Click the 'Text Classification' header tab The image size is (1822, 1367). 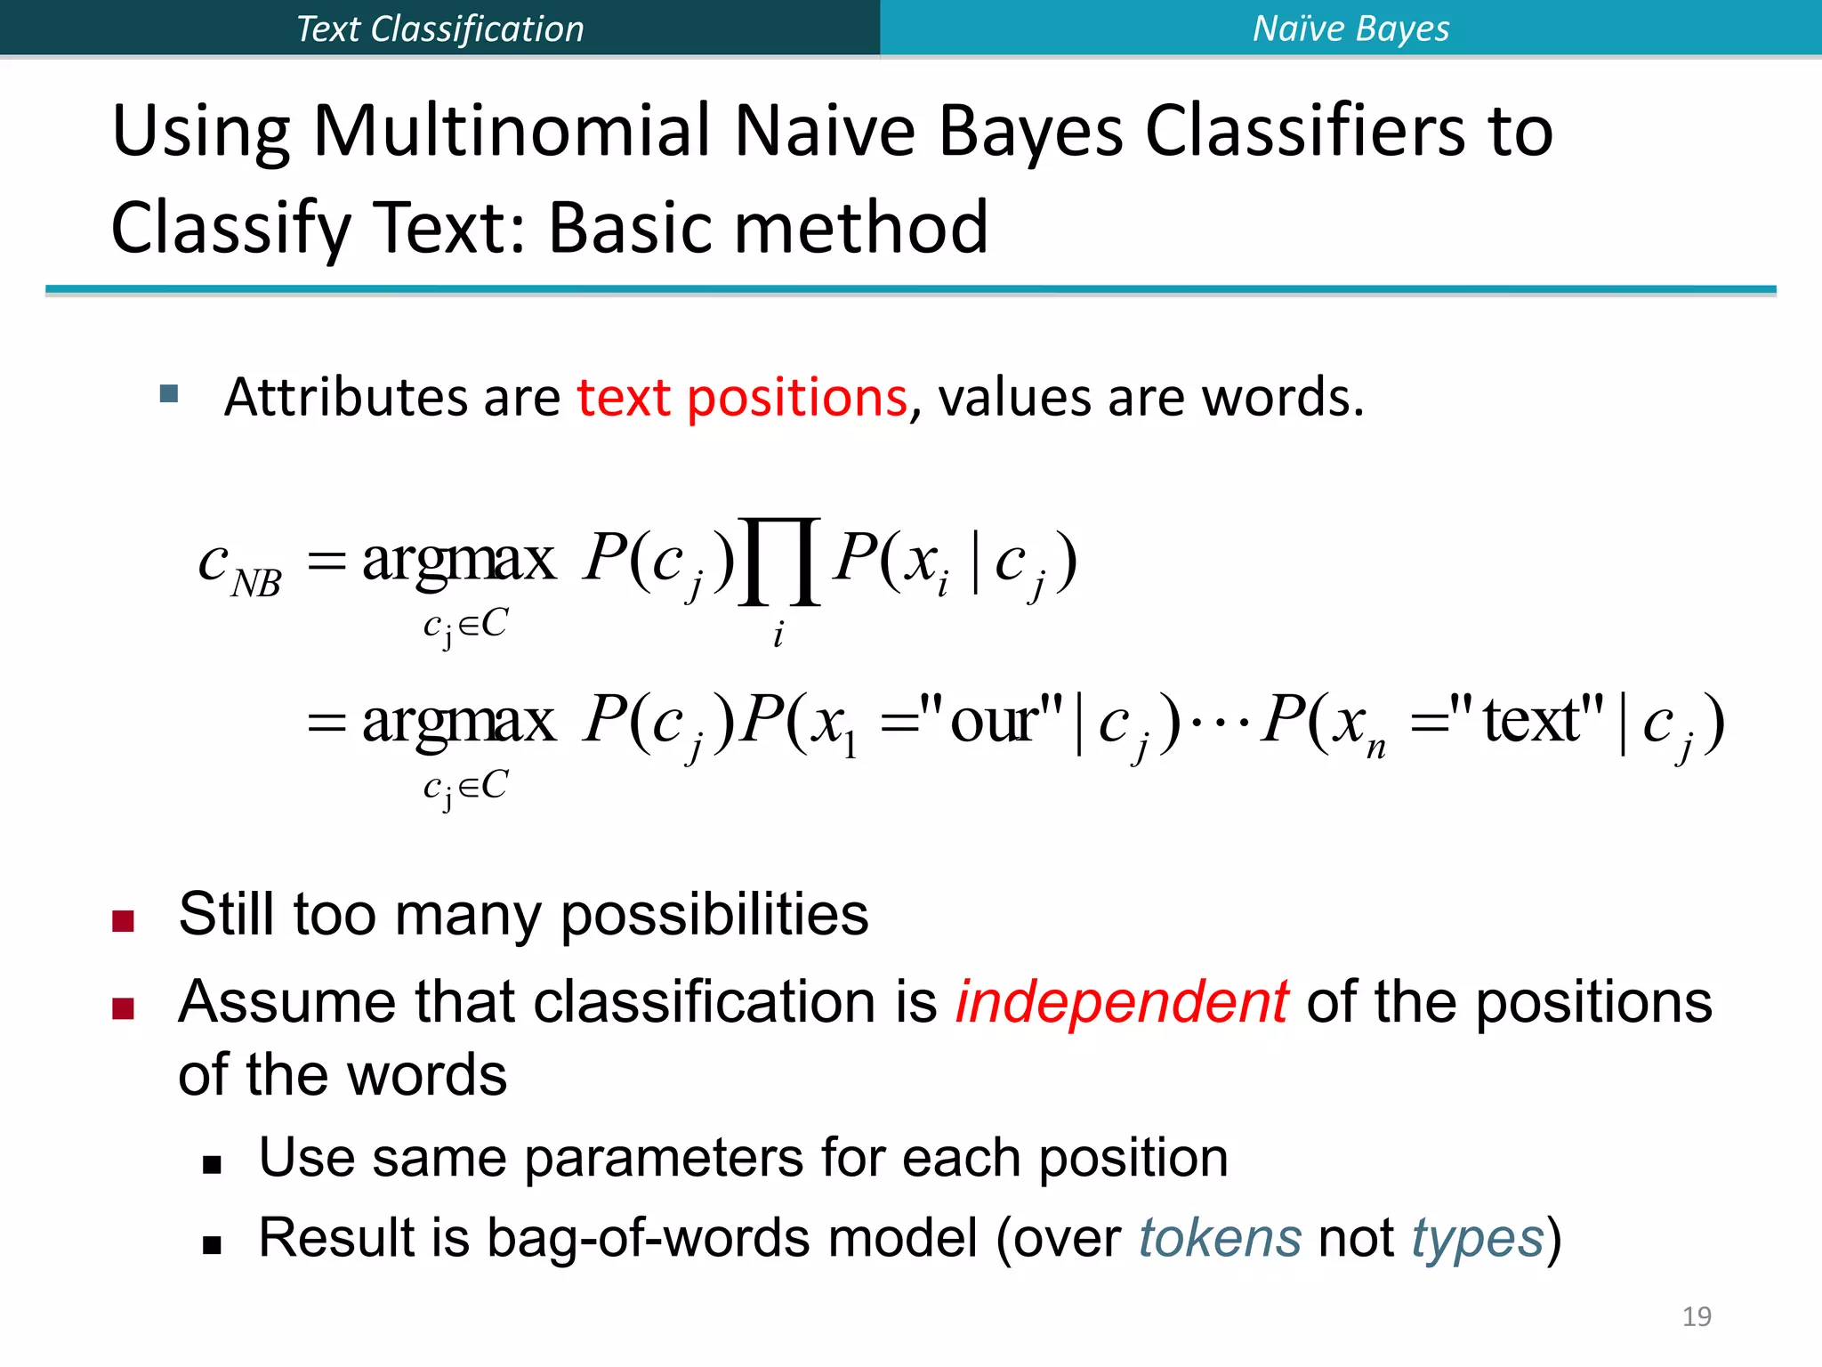(x=439, y=28)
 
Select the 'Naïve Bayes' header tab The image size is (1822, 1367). (x=1350, y=28)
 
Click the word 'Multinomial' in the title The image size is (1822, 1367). (x=512, y=132)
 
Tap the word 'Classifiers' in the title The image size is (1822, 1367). (x=1303, y=132)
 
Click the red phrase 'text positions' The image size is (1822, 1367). (x=742, y=397)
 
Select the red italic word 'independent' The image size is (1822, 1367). (x=1121, y=1002)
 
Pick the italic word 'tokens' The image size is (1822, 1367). (x=1220, y=1238)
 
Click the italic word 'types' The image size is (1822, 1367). (x=1477, y=1238)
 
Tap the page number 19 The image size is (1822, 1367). (x=1697, y=1316)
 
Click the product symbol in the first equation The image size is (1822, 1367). (x=779, y=562)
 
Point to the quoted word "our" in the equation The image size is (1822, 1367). (x=992, y=720)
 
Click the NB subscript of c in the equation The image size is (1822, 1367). (x=256, y=584)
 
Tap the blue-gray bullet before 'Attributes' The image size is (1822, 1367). (x=169, y=393)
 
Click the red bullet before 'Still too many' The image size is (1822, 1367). (x=123, y=920)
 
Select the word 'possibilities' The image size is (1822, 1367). (x=714, y=915)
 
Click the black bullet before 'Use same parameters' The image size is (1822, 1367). (x=212, y=1165)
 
